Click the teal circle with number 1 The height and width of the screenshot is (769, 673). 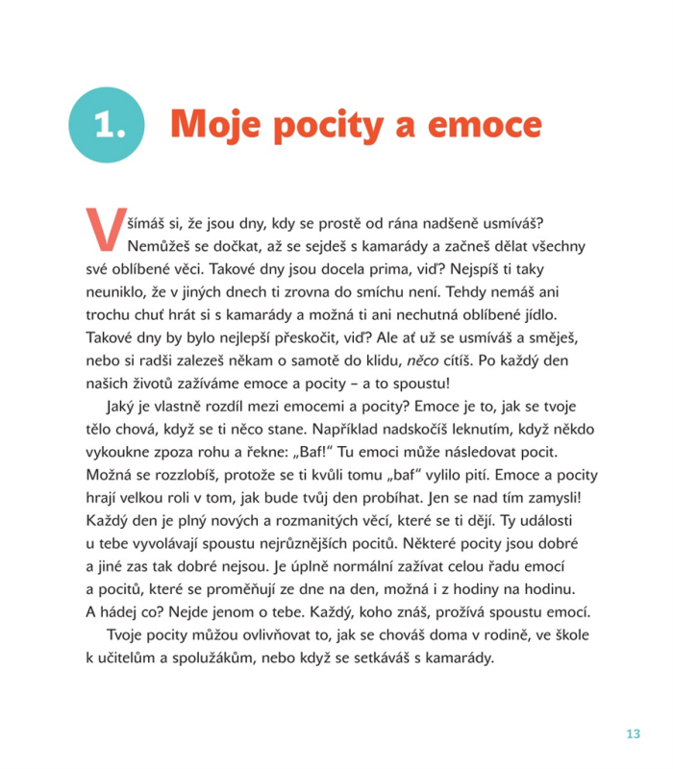tap(109, 125)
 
